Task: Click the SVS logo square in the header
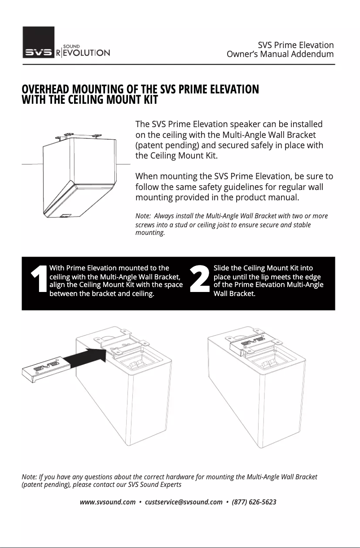pyautogui.click(x=39, y=42)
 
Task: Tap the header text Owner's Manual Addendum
pyautogui.click(x=280, y=54)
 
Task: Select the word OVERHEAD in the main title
pyautogui.click(x=46, y=89)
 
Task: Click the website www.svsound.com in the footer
pyautogui.click(x=107, y=502)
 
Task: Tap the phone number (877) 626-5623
pyautogui.click(x=254, y=502)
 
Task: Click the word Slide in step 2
pyautogui.click(x=222, y=268)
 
